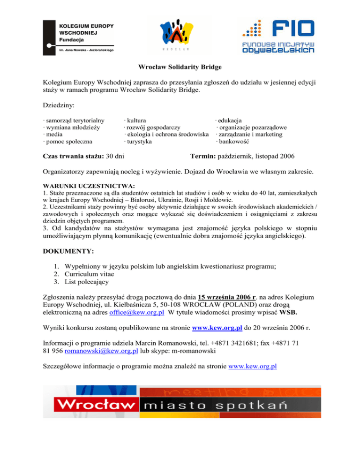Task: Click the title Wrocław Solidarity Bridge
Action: pyautogui.click(x=179, y=67)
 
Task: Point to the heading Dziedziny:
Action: pyautogui.click(x=59, y=107)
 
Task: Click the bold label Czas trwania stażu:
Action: pyautogui.click(x=74, y=156)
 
